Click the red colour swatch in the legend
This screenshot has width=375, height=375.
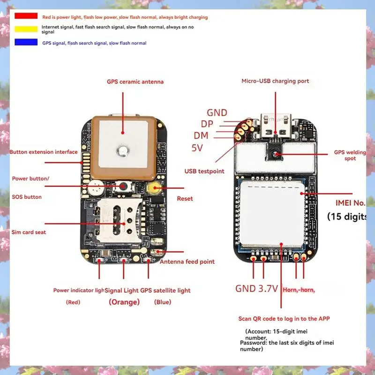[x=26, y=16]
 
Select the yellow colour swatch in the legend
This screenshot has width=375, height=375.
[x=26, y=29]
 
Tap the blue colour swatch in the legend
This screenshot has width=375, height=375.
[x=26, y=42]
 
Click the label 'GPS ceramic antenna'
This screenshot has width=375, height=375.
[x=135, y=82]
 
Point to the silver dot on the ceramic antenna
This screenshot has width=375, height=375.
[x=123, y=150]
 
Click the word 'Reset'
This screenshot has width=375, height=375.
[x=185, y=199]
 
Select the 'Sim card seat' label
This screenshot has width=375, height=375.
[x=29, y=232]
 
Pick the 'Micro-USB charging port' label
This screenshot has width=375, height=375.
[x=275, y=81]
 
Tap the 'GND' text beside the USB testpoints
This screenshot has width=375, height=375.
[x=217, y=113]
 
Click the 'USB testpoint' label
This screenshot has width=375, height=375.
[x=204, y=171]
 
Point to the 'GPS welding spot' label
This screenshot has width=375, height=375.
[x=350, y=155]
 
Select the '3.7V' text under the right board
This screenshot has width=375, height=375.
[x=269, y=289]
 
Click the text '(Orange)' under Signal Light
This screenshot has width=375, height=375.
[x=124, y=302]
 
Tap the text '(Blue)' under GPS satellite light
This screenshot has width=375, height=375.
[x=163, y=302]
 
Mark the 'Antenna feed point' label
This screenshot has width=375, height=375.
[x=187, y=262]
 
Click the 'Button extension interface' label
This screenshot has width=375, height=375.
[x=44, y=152]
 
